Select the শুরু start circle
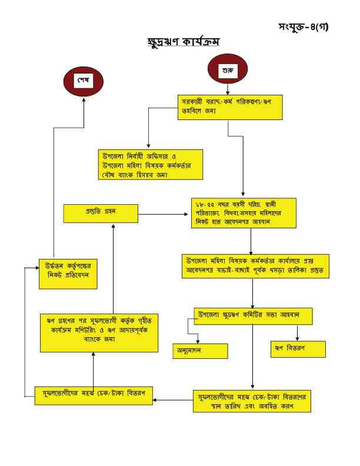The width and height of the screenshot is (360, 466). [226, 71]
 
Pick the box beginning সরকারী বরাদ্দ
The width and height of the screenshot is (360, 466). [231, 106]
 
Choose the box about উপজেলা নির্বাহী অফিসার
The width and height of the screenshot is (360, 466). [150, 164]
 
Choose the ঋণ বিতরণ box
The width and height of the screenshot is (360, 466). [298, 348]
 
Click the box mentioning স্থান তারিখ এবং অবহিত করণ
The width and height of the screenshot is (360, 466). [252, 401]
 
